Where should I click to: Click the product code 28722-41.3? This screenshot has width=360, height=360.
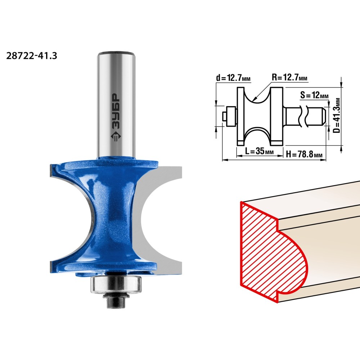click(x=31, y=56)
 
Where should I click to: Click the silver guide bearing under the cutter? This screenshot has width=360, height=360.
click(x=116, y=284)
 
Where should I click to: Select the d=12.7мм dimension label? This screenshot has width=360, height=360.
click(x=233, y=78)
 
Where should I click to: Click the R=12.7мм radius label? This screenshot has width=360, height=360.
click(x=289, y=77)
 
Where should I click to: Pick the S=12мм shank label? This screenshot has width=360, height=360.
click(x=314, y=95)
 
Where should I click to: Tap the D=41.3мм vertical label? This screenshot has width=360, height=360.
click(x=337, y=116)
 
